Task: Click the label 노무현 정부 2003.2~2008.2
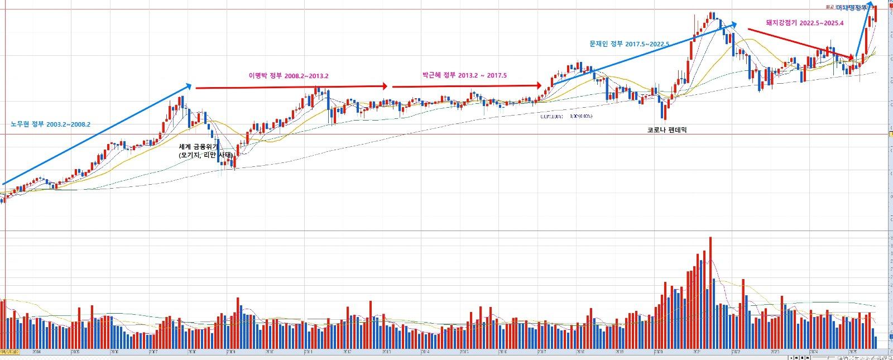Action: (x=50, y=124)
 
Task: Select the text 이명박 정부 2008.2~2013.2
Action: (x=288, y=76)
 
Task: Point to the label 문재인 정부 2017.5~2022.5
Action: (x=629, y=44)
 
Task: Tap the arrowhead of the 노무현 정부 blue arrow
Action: (x=189, y=86)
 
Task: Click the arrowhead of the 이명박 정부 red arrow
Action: (x=385, y=87)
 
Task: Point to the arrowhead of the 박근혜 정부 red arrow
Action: (x=539, y=86)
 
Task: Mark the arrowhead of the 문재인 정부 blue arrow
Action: (x=734, y=25)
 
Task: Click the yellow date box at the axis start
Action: (x=10, y=352)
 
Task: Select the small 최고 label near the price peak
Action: (x=829, y=7)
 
